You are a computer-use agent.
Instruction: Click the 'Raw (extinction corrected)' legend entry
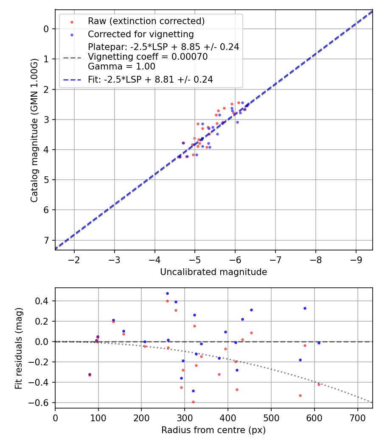point(146,21)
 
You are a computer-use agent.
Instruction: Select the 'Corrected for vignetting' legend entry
point(140,34)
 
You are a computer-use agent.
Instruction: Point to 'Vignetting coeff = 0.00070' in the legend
point(148,57)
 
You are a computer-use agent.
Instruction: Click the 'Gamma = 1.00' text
point(121,67)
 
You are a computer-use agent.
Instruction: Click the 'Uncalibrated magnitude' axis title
point(213,272)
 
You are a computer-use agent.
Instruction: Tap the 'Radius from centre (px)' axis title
point(213,430)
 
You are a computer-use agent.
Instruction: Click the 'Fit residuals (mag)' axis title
point(18,348)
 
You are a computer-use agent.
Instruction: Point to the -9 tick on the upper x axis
point(356,259)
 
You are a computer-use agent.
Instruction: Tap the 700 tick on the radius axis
point(357,417)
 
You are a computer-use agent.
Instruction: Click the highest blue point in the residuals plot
point(167,293)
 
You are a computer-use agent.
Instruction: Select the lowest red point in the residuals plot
point(193,402)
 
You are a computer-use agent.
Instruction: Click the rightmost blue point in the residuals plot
point(319,343)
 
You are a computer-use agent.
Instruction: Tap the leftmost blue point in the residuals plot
point(90,374)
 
